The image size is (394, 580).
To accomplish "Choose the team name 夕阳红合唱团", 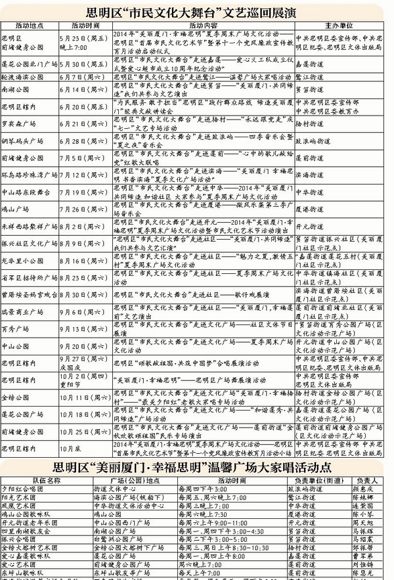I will coord(23,489).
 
